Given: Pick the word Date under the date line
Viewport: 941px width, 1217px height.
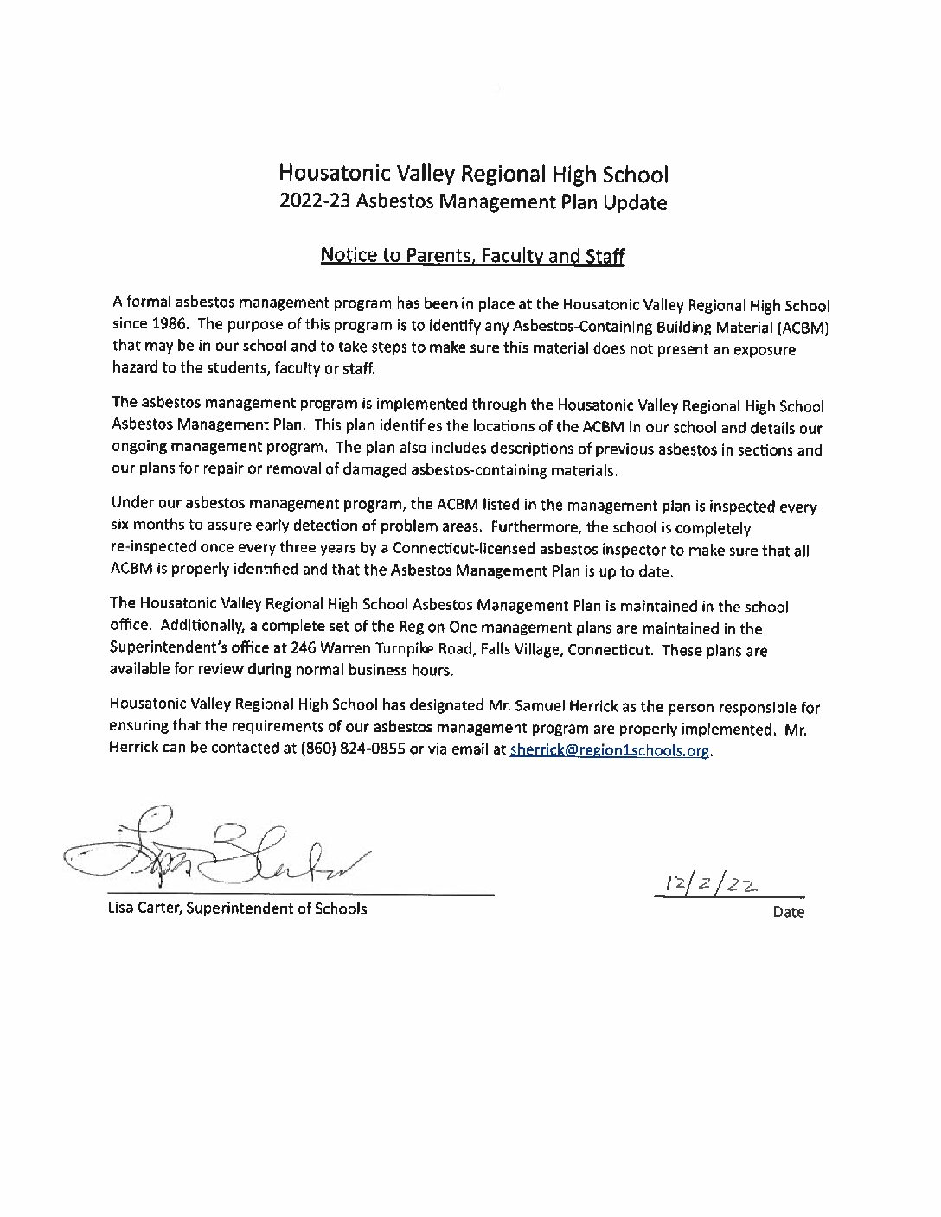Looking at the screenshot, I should coord(789,912).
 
